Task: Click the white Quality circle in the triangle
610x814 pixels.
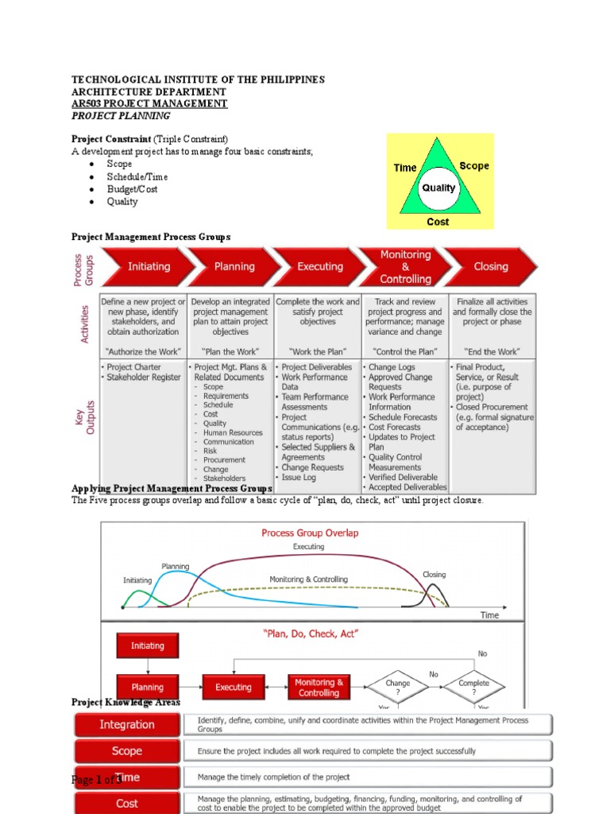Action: (x=438, y=188)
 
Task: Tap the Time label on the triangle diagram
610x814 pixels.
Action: (x=405, y=168)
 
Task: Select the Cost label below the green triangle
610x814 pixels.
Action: (x=438, y=222)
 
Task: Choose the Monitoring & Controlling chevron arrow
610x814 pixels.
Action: (x=405, y=267)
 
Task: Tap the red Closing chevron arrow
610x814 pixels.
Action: (x=490, y=267)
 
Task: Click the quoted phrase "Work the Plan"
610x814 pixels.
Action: (x=317, y=351)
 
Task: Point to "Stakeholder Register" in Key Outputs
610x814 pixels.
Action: (x=144, y=378)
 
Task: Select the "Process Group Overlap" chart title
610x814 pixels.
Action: (x=310, y=533)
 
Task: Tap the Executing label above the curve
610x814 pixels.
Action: (x=309, y=547)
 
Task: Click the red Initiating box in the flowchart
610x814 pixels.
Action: (x=148, y=646)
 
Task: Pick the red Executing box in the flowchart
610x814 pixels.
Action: (x=234, y=688)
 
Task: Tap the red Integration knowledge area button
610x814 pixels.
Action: (x=127, y=725)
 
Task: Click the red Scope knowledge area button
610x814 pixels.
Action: (x=127, y=751)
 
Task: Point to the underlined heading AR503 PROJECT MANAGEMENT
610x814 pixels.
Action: (x=149, y=104)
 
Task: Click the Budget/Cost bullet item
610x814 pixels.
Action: (x=133, y=189)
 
